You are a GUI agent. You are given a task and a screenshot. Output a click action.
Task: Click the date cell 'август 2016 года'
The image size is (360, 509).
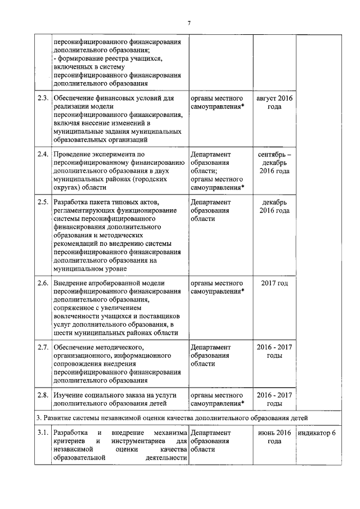pyautogui.click(x=274, y=102)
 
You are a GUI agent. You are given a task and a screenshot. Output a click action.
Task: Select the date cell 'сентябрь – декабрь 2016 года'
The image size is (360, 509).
pyautogui.click(x=274, y=162)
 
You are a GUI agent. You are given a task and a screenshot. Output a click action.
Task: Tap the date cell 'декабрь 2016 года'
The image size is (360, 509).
pyautogui.click(x=274, y=206)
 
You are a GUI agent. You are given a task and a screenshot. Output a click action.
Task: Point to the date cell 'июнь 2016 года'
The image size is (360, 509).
pyautogui.click(x=274, y=437)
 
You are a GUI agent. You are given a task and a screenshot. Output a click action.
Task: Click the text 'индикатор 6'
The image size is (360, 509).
pyautogui.click(x=317, y=433)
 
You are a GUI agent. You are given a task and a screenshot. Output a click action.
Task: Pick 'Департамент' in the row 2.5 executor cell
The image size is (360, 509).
pyautogui.click(x=210, y=201)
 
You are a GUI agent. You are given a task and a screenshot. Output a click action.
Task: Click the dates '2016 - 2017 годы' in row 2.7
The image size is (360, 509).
pyautogui.click(x=274, y=350)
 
